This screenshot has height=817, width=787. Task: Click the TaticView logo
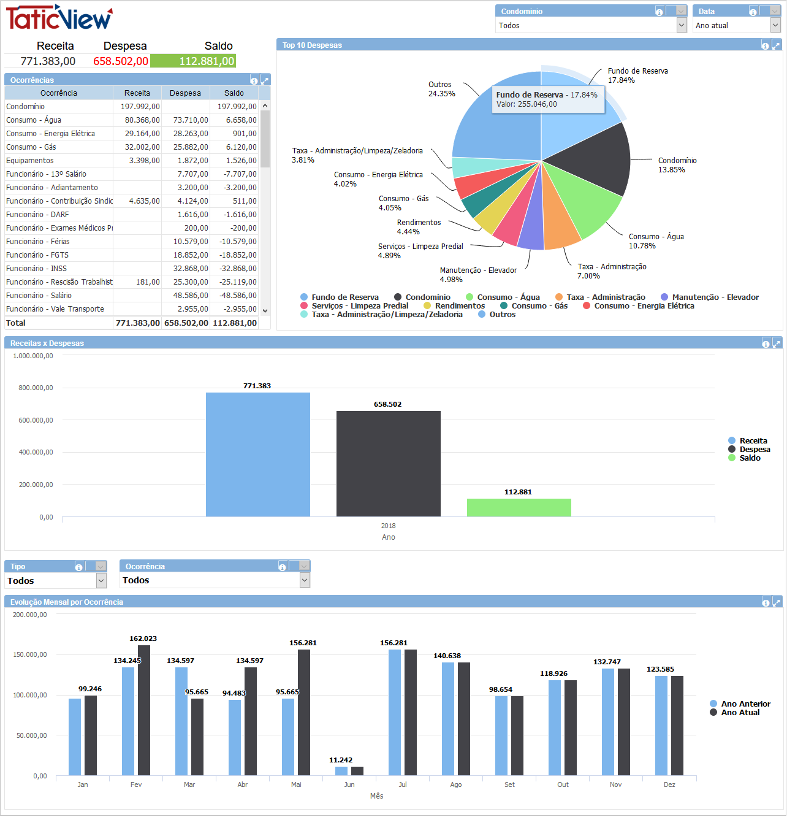(x=59, y=18)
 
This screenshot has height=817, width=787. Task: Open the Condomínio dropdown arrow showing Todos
(x=682, y=25)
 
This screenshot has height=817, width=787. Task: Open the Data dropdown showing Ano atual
(x=775, y=25)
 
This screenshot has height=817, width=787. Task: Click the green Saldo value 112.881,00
(x=193, y=61)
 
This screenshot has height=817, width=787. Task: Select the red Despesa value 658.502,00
(x=121, y=61)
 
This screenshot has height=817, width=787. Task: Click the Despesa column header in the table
(x=185, y=93)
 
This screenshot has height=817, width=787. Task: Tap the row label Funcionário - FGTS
(x=37, y=255)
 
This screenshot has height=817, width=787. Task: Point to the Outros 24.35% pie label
(x=441, y=90)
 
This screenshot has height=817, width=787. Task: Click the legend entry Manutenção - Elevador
(x=715, y=297)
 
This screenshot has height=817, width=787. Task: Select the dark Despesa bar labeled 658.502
(x=388, y=463)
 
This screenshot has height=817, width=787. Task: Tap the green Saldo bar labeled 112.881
(x=519, y=508)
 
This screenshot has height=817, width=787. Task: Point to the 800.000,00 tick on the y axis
(x=36, y=388)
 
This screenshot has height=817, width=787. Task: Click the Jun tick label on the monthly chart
(x=349, y=784)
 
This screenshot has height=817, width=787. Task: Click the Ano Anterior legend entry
(x=745, y=704)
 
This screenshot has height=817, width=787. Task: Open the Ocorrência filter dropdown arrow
(x=305, y=580)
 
